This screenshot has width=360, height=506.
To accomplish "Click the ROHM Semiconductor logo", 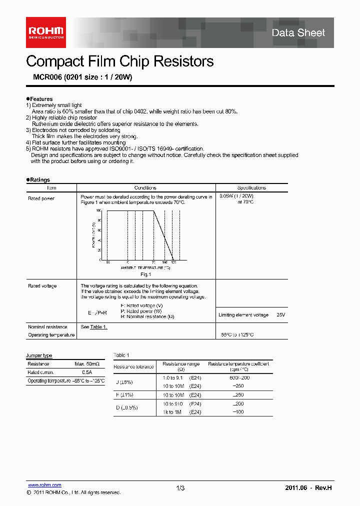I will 45,32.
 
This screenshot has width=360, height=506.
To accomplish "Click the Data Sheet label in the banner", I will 298,33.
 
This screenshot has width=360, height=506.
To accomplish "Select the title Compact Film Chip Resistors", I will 119,61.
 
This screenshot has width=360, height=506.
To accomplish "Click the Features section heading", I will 40,99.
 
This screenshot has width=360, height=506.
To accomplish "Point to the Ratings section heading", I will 39,179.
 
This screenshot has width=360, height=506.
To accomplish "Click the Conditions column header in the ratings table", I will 145,188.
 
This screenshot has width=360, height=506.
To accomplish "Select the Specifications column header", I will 251,188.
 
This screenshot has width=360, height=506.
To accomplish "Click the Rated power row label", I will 41,198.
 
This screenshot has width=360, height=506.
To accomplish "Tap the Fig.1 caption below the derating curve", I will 145,274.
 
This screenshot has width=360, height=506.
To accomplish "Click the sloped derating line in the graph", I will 163,235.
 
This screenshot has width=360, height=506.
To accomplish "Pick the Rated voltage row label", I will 42,286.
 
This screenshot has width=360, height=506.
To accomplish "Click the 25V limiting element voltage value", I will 280,315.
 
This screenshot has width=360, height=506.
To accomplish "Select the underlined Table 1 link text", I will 98,326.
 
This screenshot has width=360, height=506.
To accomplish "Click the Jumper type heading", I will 39,355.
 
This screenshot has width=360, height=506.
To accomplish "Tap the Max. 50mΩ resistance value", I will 86,364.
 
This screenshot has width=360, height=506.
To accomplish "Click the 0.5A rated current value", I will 86,372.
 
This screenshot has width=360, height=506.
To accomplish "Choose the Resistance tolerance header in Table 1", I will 133,366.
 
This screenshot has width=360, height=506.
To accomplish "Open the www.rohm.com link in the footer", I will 44,485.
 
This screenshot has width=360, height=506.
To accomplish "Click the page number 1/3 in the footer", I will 180,488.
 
